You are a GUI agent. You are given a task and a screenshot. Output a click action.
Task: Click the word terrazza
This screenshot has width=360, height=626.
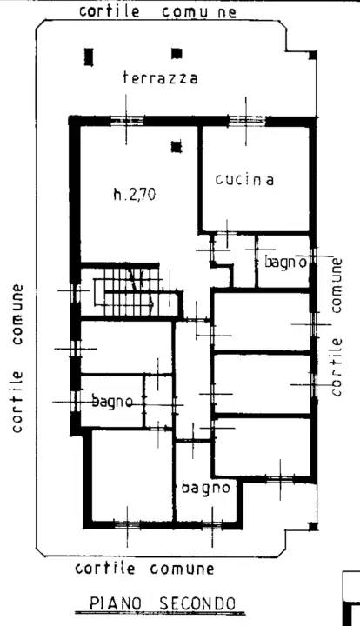160,78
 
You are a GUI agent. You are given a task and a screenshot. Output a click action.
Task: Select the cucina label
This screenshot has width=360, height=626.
244,180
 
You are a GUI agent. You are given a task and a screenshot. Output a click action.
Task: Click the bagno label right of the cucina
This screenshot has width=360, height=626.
285,261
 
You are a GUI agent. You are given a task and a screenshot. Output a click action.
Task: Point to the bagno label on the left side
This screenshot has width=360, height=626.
112,401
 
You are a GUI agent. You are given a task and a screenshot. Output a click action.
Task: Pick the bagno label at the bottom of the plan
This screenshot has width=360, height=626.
206,488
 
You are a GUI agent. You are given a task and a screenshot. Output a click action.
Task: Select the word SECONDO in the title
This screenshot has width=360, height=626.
197,603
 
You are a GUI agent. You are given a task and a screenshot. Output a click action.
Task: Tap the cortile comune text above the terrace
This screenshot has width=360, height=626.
157,11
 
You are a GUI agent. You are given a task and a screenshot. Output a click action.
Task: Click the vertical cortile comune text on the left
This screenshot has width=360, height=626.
17,357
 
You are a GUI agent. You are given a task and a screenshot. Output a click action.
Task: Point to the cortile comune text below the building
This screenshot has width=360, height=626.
144,569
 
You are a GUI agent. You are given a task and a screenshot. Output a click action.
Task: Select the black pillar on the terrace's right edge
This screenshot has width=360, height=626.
312,57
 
